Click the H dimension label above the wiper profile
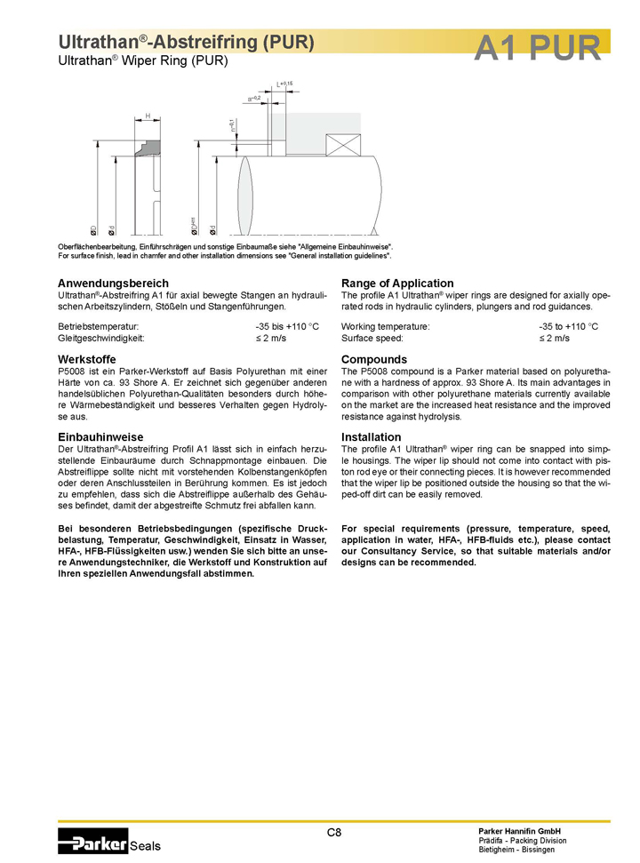coord(148,116)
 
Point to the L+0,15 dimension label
coord(284,84)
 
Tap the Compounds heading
coord(374,359)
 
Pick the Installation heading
coord(372,436)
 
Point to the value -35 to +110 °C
coord(574,326)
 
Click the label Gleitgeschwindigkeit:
coord(100,339)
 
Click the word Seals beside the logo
coord(146,846)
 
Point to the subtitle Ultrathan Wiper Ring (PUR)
coord(143,61)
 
